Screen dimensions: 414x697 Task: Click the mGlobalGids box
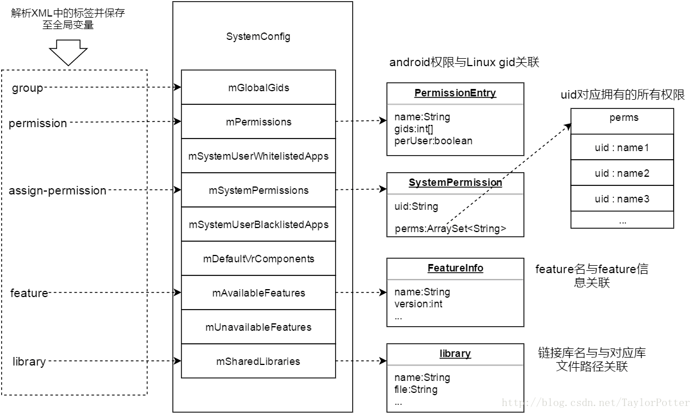(258, 88)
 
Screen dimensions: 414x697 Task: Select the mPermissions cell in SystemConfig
(258, 122)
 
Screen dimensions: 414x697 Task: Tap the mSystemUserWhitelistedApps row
(258, 156)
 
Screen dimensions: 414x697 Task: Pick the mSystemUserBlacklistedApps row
(258, 225)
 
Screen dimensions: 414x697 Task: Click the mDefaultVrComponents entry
(258, 259)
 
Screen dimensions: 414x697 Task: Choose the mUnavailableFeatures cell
(258, 327)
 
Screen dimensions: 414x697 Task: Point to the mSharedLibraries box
(258, 362)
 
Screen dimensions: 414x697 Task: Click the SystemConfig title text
(258, 37)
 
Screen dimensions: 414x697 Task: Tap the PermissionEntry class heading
(455, 93)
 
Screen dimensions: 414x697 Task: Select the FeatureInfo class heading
(455, 268)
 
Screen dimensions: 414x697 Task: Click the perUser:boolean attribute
(433, 141)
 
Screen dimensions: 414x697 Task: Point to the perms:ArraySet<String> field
(450, 229)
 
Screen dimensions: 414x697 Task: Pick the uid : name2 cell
(622, 173)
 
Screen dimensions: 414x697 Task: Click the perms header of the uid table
(624, 118)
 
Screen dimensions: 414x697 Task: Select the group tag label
(27, 88)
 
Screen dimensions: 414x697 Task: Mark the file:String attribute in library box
(416, 390)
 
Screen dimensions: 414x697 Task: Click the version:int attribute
(418, 304)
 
